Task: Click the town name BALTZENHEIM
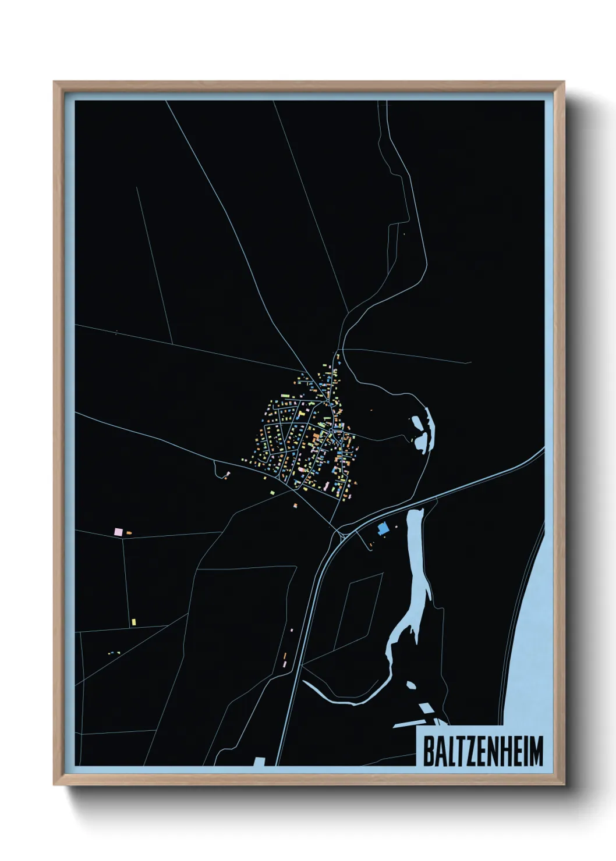coord(482,751)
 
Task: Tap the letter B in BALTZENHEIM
coord(427,751)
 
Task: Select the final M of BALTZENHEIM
coord(536,751)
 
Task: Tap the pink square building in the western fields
coord(118,531)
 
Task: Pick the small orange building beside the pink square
coord(129,532)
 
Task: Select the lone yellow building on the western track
coord(133,622)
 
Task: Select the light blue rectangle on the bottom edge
coord(260,761)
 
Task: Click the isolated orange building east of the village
coord(371,410)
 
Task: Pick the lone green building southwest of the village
coord(271,493)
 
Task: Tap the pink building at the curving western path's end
coord(228,474)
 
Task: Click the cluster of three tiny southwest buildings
coord(111,653)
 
